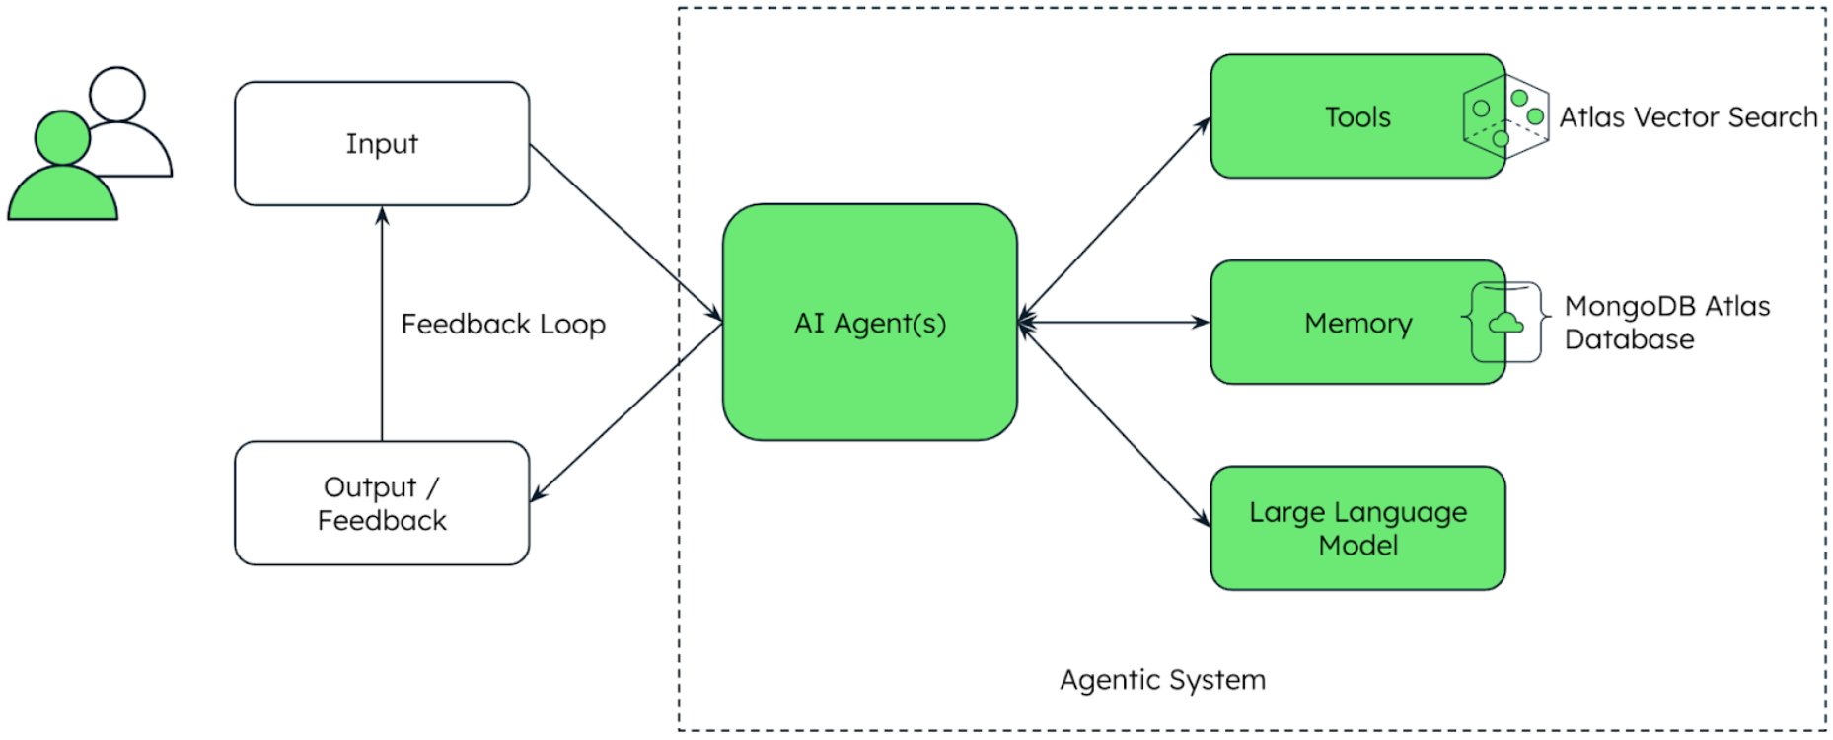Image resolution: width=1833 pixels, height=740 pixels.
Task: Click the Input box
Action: [382, 144]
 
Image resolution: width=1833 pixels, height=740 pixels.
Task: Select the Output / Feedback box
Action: [382, 503]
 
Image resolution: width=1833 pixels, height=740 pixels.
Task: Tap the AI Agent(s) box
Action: [870, 323]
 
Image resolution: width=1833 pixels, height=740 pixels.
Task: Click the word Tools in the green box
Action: [1357, 117]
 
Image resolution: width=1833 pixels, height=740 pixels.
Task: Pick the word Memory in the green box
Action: [1357, 323]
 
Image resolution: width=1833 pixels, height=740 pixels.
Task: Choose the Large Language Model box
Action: [1357, 529]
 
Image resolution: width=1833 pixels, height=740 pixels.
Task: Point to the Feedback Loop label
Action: [503, 325]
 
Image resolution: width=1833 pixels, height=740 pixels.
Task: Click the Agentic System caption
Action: [1162, 680]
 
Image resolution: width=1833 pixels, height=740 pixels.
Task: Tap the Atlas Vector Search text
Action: [1688, 117]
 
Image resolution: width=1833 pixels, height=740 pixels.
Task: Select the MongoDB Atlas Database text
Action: [1667, 323]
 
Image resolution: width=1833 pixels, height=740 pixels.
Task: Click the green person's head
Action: [62, 138]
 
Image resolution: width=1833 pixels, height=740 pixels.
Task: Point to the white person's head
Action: [117, 94]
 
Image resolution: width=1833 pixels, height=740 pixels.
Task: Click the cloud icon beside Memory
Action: [1505, 323]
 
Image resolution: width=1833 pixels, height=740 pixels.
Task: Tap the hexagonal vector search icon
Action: [1505, 117]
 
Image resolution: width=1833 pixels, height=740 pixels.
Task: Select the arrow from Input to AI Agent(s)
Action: [625, 233]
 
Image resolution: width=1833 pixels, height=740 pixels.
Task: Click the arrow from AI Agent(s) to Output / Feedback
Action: [625, 412]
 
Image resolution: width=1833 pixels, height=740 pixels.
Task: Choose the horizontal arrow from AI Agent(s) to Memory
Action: [1115, 323]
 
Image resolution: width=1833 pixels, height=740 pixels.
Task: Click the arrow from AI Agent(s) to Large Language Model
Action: [1115, 424]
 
